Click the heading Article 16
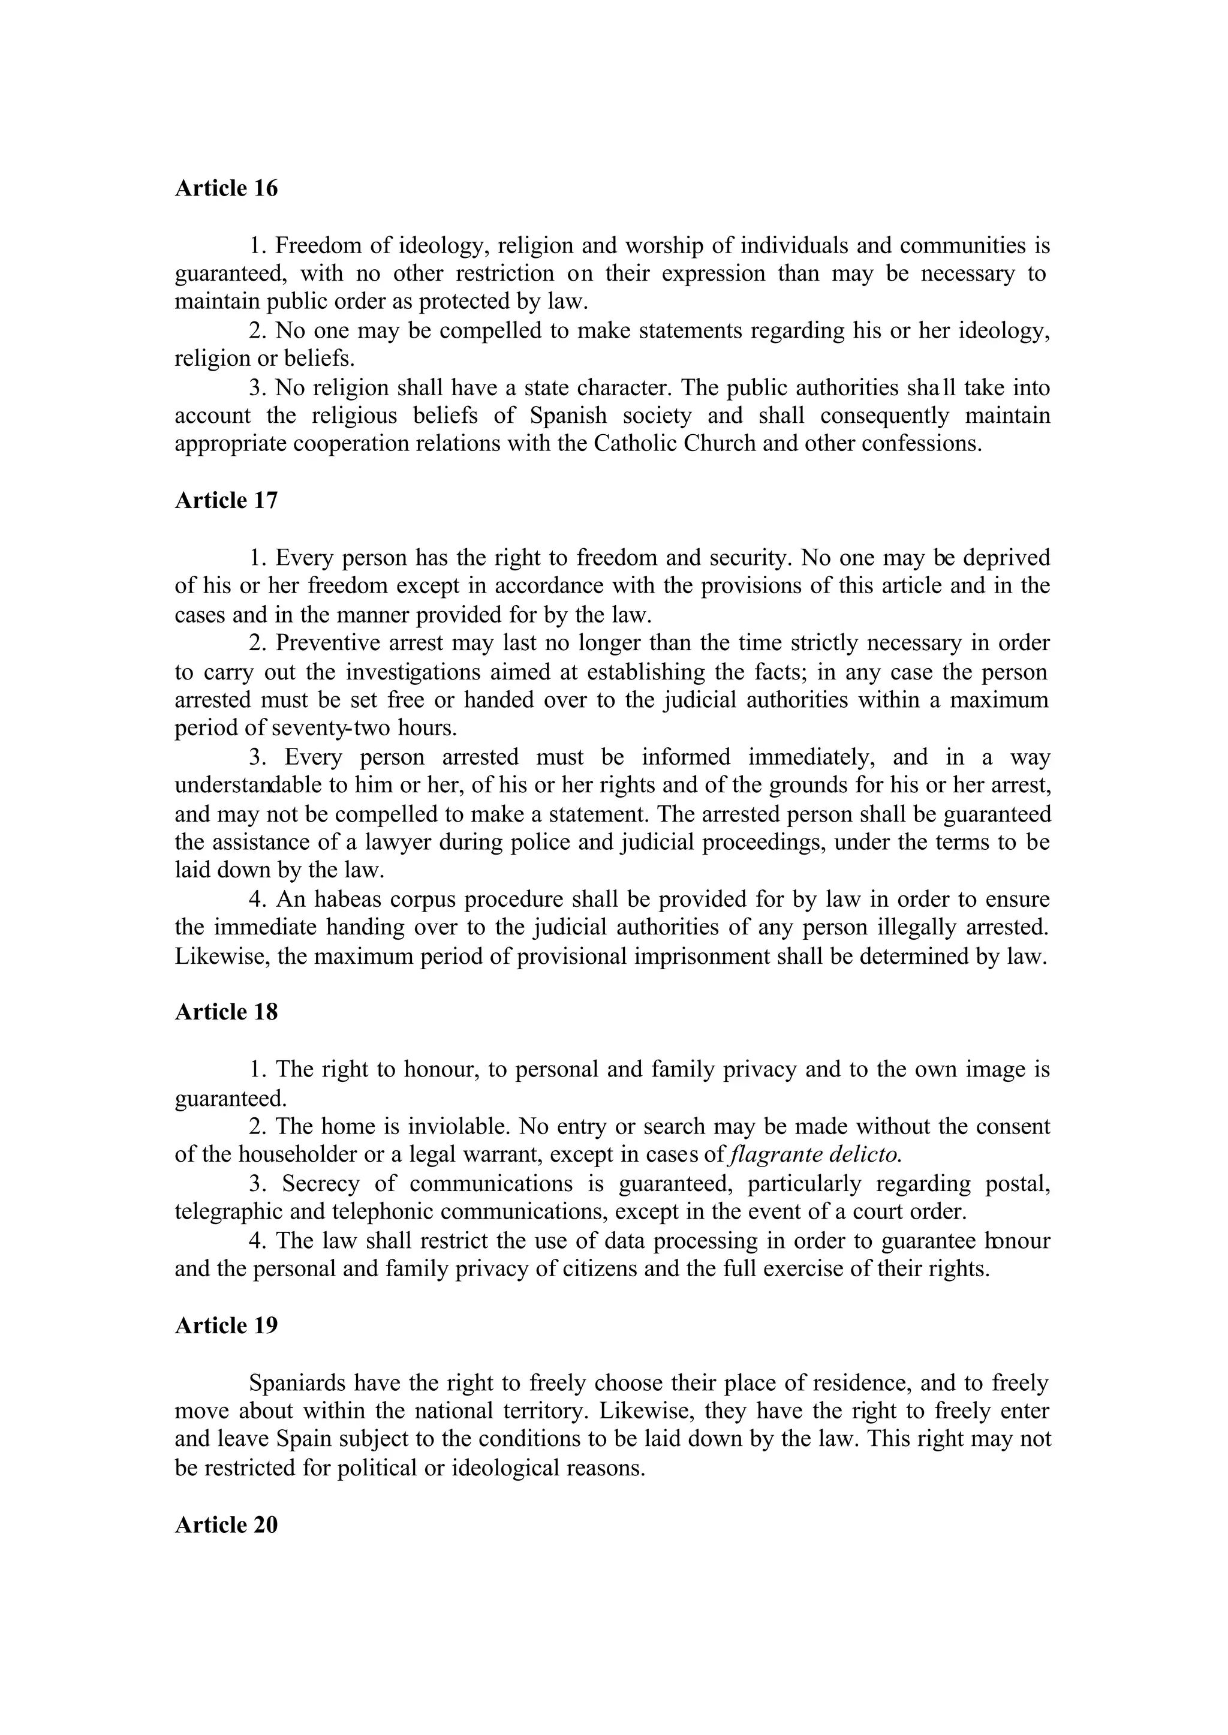[x=226, y=188]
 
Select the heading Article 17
[x=226, y=501]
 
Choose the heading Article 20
[x=226, y=1524]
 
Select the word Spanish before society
[x=568, y=416]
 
